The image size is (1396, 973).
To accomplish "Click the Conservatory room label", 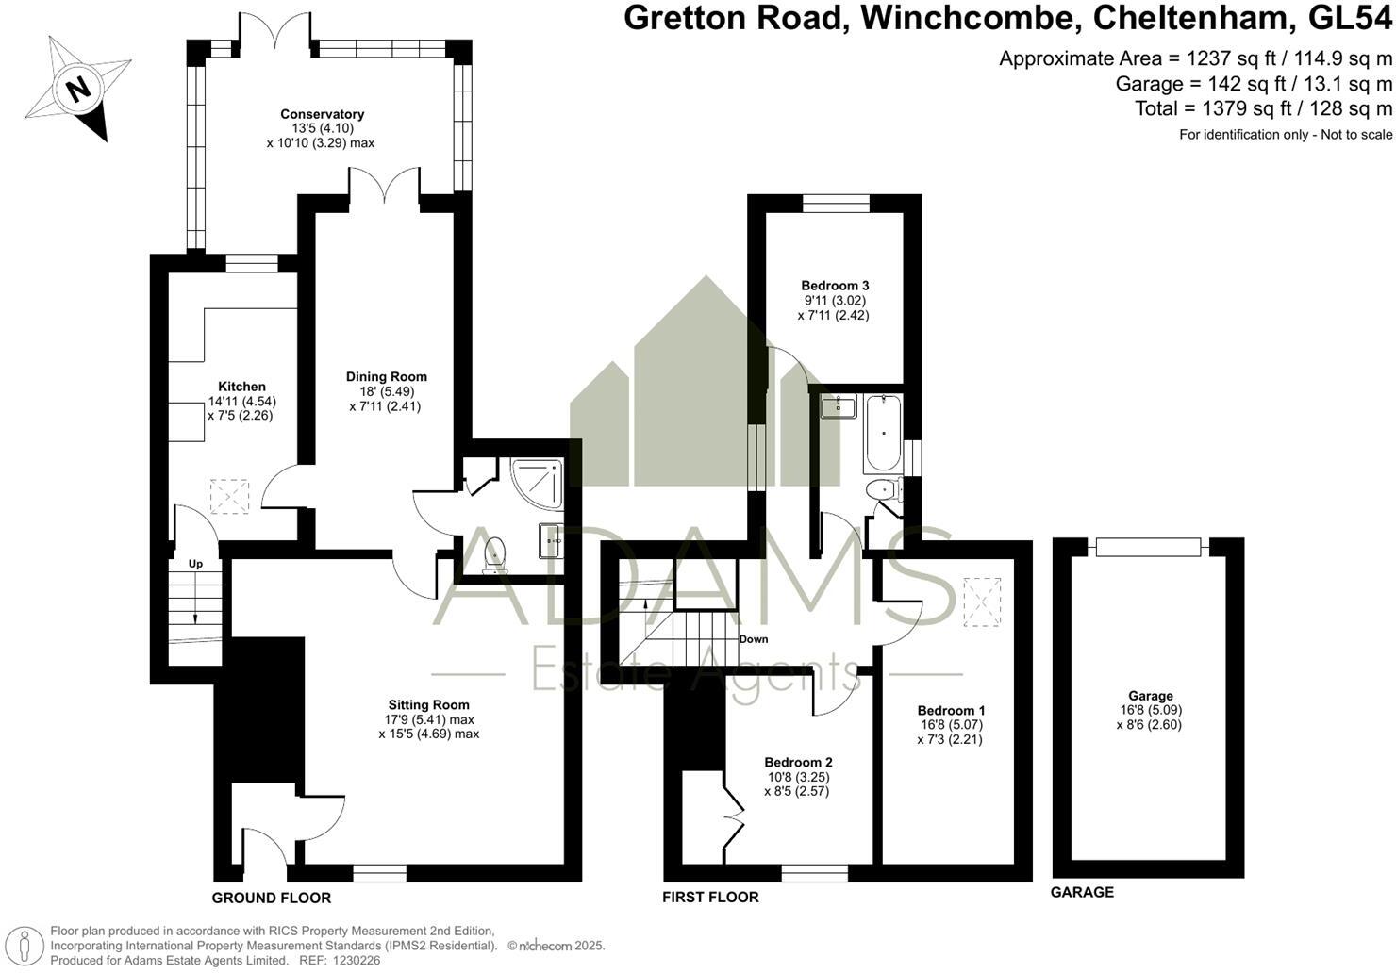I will [322, 114].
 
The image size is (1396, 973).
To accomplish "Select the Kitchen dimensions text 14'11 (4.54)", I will [241, 401].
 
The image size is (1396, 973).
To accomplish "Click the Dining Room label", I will [386, 376].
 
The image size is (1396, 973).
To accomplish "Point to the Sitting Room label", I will [428, 704].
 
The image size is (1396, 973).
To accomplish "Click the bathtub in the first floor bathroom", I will [882, 435].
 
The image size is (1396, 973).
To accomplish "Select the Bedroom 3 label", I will [834, 286].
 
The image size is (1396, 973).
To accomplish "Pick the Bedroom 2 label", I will [798, 762].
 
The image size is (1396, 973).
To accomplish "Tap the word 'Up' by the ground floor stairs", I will [195, 564].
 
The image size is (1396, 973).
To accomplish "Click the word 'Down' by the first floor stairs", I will [753, 638].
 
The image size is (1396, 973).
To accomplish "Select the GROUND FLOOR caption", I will [271, 898].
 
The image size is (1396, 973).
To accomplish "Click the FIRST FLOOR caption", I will [710, 897].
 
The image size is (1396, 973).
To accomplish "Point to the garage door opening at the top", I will [1148, 546].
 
